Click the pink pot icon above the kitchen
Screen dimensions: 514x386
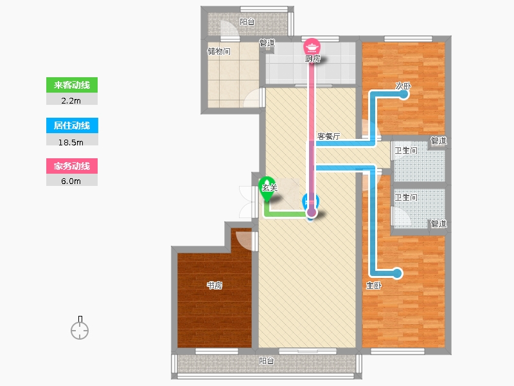point(312,46)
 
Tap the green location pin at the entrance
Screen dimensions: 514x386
point(267,188)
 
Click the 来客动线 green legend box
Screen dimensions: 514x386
point(72,85)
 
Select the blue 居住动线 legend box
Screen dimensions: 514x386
point(72,125)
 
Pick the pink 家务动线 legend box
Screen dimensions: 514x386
point(72,166)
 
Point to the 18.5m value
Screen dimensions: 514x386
point(71,142)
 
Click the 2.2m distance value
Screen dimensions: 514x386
point(71,101)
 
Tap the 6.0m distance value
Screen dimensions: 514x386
point(71,181)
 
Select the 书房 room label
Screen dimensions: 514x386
point(215,285)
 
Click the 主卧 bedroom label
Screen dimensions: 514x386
point(374,286)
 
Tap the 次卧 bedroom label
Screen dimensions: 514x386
point(403,86)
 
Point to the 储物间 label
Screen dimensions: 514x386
point(219,51)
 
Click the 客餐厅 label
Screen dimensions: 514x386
point(328,136)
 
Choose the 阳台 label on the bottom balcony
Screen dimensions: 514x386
point(267,361)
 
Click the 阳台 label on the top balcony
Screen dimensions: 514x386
point(247,22)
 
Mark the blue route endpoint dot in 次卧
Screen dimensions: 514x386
point(404,94)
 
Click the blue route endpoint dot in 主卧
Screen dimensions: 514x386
point(397,273)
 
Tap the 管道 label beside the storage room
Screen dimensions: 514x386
point(267,43)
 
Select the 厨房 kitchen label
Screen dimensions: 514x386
point(313,59)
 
